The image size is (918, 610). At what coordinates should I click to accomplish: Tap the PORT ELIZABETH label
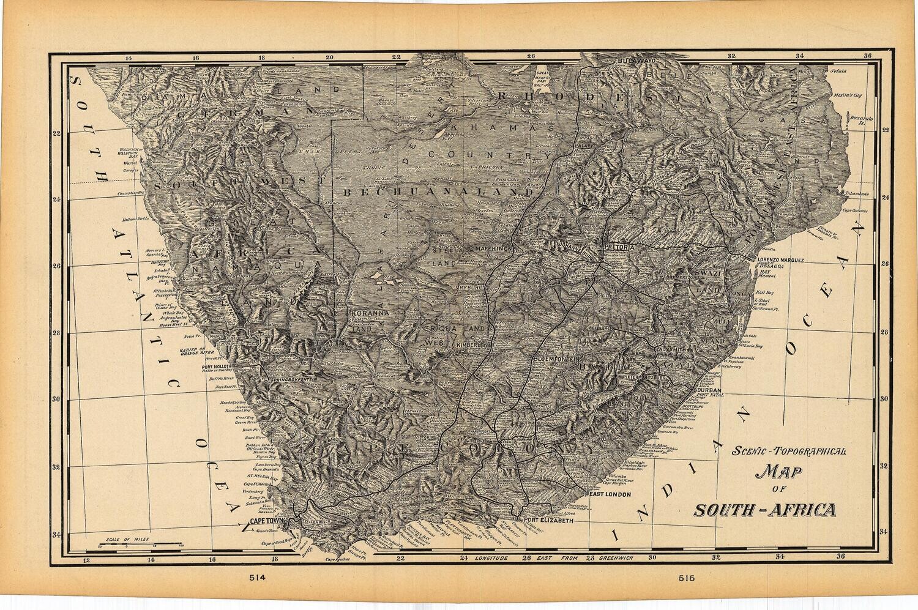point(547,521)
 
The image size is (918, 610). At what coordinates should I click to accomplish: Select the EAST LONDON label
point(609,494)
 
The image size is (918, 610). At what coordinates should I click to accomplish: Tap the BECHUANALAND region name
point(439,192)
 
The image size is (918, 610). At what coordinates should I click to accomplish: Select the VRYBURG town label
point(469,286)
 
